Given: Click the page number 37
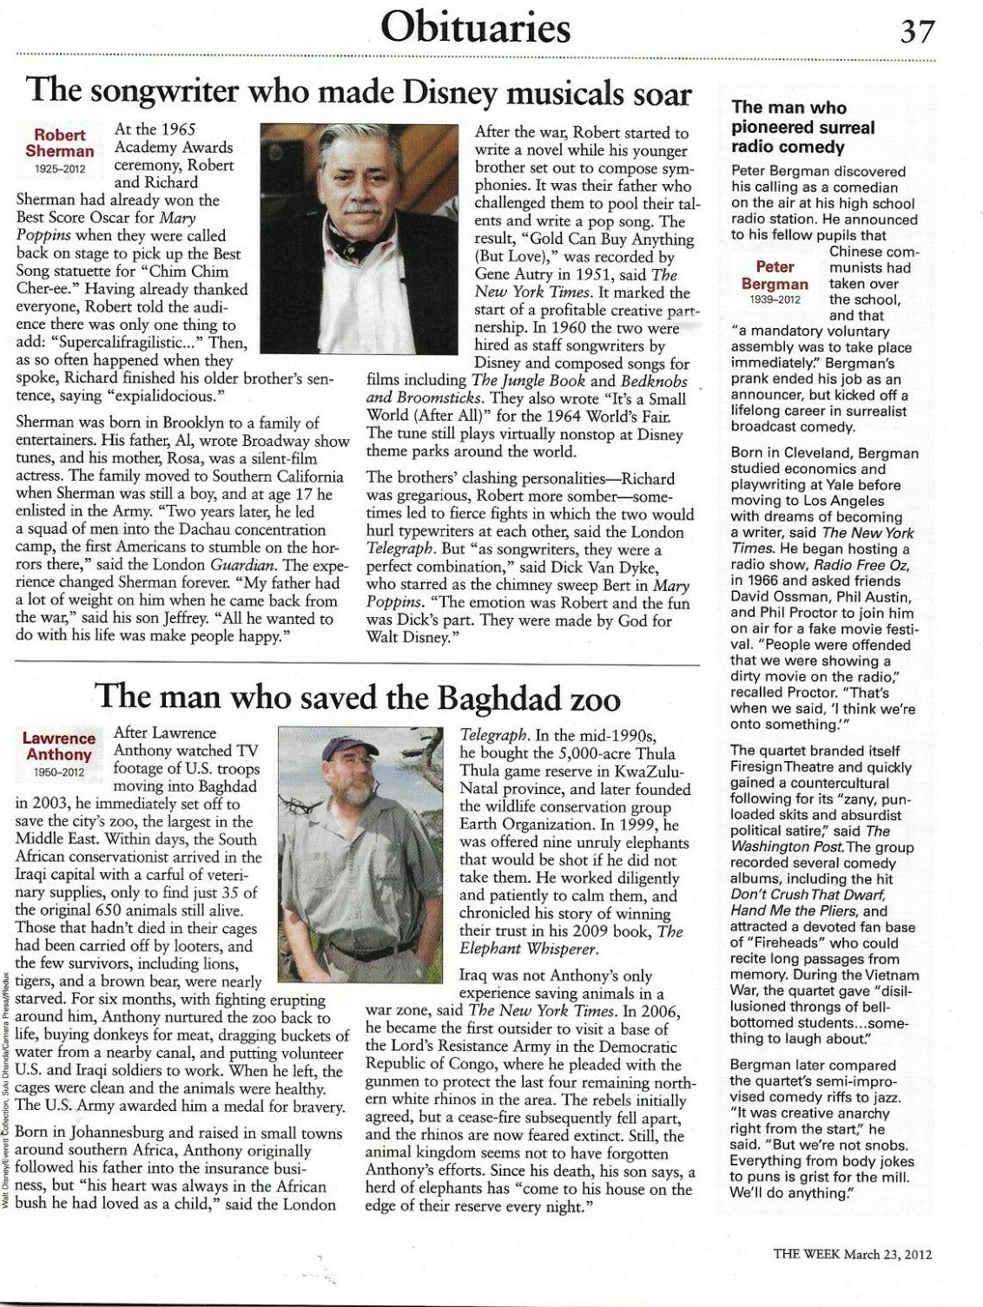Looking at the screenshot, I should click(x=916, y=32).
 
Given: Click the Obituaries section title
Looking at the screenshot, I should click(x=478, y=28).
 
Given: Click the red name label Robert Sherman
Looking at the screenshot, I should click(x=59, y=143).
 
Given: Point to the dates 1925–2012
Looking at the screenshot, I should click(x=59, y=167).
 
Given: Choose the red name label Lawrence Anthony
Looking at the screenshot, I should click(x=59, y=746).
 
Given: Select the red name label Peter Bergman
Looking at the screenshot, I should click(x=775, y=275).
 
